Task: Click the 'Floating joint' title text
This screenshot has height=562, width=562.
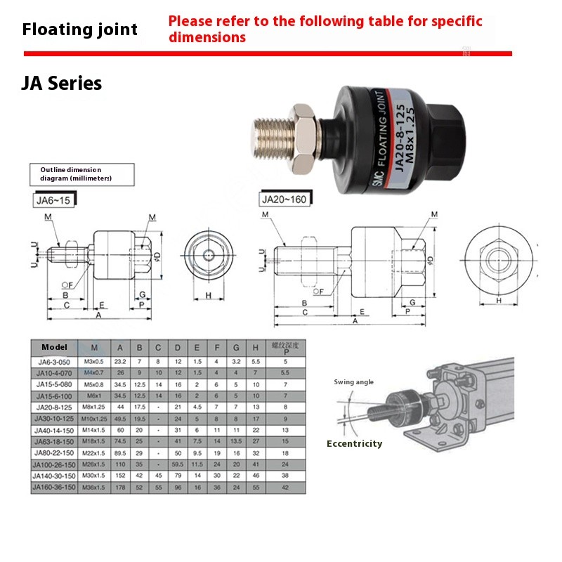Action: (80, 30)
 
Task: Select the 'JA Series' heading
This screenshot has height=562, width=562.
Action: (62, 84)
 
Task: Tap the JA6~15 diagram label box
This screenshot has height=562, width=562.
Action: (53, 200)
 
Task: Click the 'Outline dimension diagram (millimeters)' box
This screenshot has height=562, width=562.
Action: (81, 174)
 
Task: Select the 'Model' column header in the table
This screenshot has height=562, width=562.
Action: (54, 347)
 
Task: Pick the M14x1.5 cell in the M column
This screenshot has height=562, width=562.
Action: (94, 430)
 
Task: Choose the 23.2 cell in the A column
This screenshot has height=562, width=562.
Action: (120, 361)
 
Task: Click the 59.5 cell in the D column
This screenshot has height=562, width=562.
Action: (178, 464)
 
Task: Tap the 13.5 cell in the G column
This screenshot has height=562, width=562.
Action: (237, 441)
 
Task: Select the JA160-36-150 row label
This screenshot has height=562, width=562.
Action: (55, 487)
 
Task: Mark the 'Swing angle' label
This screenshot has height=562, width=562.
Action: (353, 382)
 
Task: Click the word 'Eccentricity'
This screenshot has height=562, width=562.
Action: (354, 444)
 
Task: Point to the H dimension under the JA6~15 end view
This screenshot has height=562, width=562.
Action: (209, 296)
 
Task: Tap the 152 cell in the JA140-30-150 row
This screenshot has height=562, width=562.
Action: (120, 476)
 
